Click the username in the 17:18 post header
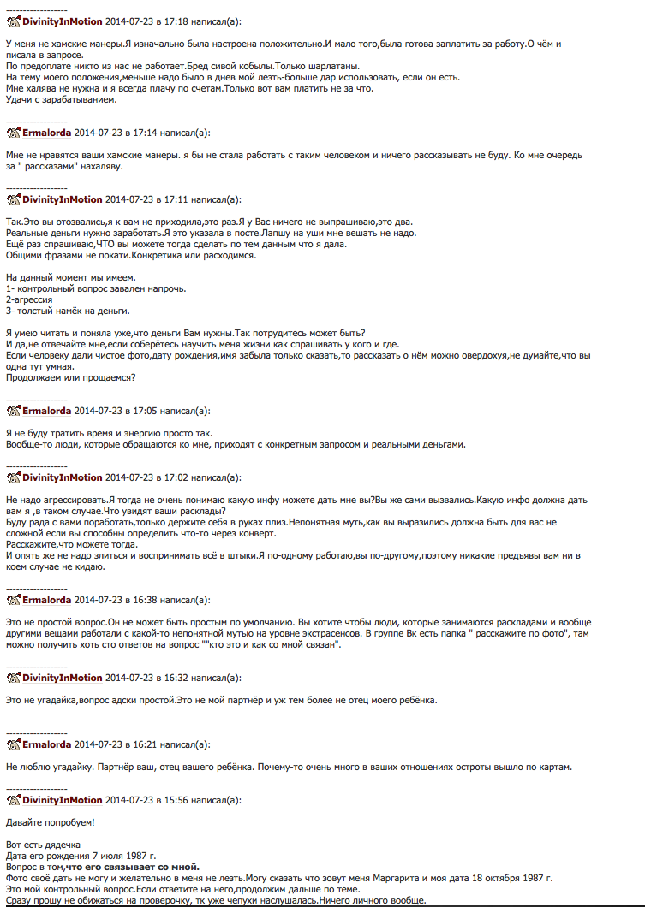point(62,21)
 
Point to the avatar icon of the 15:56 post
point(13,799)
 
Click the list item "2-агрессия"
point(29,299)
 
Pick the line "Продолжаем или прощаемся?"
point(70,377)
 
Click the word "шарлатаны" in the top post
point(334,66)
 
